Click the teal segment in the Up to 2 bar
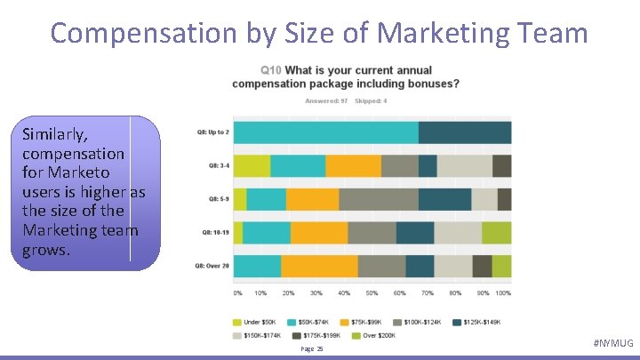coord(325,132)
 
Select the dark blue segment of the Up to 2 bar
coord(464,132)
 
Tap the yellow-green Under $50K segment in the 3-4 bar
coord(252,166)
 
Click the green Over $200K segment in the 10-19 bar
coord(496,233)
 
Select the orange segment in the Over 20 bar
coord(319,267)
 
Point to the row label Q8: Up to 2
coord(213,132)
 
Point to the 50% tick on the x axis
coord(371,292)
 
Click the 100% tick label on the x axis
coord(503,292)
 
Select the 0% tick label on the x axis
coord(237,292)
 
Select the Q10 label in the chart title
coord(270,70)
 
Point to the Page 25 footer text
coord(312,349)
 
